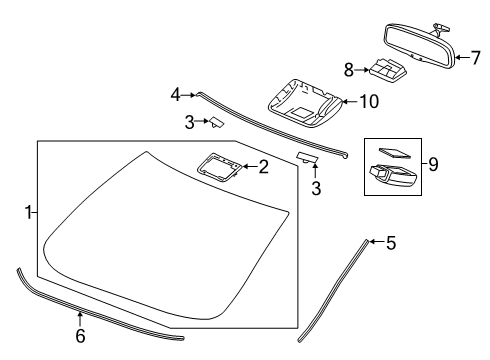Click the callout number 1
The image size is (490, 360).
[x=29, y=212]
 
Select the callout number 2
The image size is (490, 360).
[x=263, y=167]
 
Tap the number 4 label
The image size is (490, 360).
[x=175, y=95]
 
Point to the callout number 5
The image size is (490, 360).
[x=391, y=242]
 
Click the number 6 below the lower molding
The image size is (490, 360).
[x=80, y=336]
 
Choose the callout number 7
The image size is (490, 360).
[x=475, y=57]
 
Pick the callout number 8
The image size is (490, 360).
[x=349, y=70]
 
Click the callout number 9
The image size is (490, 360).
[x=433, y=164]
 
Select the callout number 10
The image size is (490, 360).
[x=369, y=101]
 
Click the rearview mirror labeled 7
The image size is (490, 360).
[x=420, y=47]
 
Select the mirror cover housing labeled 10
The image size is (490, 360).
[x=305, y=103]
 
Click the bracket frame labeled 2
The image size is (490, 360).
[x=218, y=167]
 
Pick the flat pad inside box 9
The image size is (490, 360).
[x=394, y=153]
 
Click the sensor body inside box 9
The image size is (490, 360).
[x=393, y=174]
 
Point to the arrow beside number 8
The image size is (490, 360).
[x=362, y=70]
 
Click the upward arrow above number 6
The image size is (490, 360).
[x=80, y=318]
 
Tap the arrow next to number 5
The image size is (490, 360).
[x=377, y=241]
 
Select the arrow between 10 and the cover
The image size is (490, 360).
[x=350, y=101]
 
